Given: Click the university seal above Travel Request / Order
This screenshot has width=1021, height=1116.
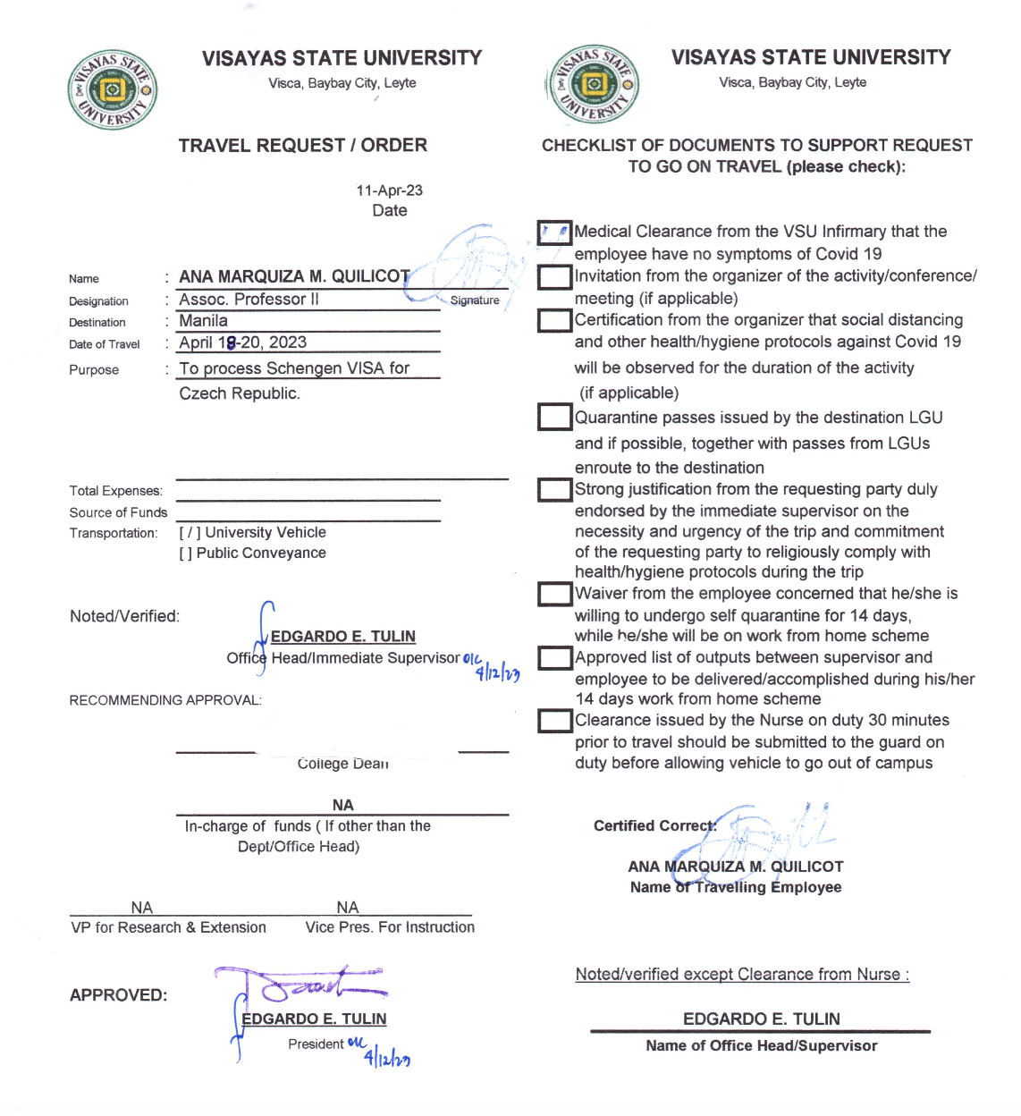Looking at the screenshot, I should coord(113,90).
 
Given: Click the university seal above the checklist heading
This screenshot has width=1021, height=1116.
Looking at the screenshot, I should coord(592,85).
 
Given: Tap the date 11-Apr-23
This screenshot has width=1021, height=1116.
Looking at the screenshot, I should coord(389,190).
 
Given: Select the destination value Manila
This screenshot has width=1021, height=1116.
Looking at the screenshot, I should coord(204,321).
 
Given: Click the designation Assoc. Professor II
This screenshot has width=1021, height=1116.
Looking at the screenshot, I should coord(249,300).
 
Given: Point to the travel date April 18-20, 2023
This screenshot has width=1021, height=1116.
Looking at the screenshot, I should coord(242,342).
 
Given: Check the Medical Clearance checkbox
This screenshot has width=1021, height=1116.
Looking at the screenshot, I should coord(554,232).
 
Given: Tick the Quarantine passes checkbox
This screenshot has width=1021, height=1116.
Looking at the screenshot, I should coord(554,417).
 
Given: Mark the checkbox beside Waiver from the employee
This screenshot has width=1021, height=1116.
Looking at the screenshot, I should coord(554,594).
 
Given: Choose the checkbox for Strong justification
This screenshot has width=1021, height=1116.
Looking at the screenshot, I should coord(554,489).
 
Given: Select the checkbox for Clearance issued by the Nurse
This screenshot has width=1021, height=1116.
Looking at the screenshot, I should coord(554,721).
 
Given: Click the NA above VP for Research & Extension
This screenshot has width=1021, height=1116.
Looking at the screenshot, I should coord(141,908).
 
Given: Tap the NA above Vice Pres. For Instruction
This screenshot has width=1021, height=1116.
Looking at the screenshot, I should coord(348,908).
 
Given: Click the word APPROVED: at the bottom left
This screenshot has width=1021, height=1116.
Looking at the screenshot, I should coord(118,995).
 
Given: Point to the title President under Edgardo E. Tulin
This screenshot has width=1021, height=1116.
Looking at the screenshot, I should coord(316,1044).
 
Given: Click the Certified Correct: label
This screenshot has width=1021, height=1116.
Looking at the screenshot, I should coord(654,826).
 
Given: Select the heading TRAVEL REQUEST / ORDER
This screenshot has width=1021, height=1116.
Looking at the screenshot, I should coord(302,146).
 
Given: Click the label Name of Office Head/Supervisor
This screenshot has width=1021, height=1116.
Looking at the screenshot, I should coord(761,1046).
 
